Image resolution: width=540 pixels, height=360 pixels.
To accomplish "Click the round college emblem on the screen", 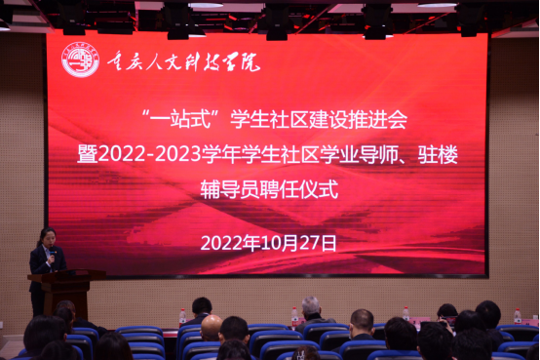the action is (80, 60).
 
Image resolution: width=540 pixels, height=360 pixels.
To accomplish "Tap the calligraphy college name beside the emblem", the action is (183, 61).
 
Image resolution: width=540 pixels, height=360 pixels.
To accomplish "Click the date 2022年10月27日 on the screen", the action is (268, 244).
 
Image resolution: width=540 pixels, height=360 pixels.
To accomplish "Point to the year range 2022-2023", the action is (149, 154).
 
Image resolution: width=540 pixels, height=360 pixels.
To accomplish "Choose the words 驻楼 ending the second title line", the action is (438, 154).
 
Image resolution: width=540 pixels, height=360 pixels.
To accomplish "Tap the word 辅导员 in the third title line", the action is (230, 189).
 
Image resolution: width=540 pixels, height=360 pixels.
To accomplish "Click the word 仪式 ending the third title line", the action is (319, 189).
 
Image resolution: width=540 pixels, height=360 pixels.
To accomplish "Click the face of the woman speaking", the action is (47, 238).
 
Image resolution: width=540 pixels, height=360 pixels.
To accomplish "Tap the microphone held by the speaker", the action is (52, 253).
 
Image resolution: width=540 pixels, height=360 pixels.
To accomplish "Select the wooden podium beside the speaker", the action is (66, 292).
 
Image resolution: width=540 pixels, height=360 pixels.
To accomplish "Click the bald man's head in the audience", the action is (212, 327).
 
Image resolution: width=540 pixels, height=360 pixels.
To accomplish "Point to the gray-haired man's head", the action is (311, 307).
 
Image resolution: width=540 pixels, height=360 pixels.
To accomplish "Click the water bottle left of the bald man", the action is (182, 317).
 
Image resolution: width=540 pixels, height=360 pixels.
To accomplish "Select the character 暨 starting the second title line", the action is (87, 154).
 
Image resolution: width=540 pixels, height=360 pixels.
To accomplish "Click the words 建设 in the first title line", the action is (328, 119).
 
